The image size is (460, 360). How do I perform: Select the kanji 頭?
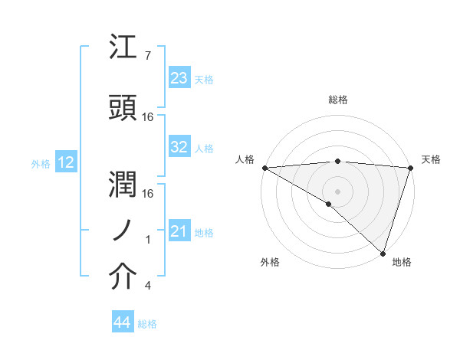click(x=124, y=107)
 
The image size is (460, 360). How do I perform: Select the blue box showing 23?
click(x=179, y=79)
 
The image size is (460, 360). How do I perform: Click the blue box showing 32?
click(x=179, y=148)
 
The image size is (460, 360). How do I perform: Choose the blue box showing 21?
click(x=179, y=231)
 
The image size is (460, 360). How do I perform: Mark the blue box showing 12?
click(x=66, y=162)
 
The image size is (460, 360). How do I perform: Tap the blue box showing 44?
click(x=123, y=323)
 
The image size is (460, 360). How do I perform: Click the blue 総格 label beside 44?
click(x=147, y=324)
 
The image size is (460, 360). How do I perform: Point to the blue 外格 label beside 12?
click(x=41, y=163)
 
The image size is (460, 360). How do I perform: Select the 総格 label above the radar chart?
click(x=337, y=100)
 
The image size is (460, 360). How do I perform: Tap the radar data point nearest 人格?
click(x=264, y=168)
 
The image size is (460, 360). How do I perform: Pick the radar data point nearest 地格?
click(x=383, y=253)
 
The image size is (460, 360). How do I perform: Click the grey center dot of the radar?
click(x=337, y=191)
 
